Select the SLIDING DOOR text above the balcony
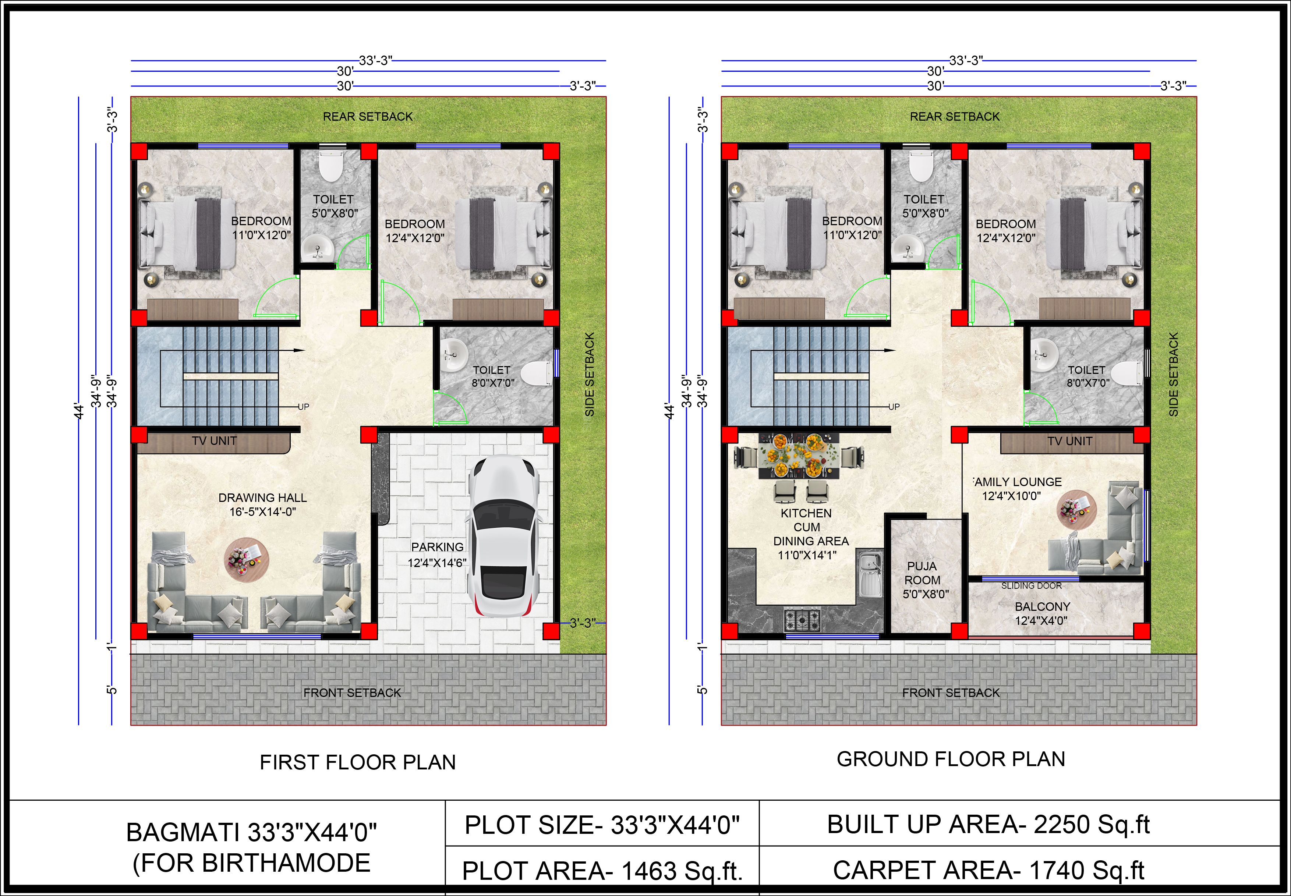click(1031, 585)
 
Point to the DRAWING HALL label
click(263, 497)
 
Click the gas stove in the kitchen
click(802, 620)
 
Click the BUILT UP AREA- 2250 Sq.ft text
click(988, 824)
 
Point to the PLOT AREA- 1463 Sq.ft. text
click(602, 871)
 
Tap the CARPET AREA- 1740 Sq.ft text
click(988, 870)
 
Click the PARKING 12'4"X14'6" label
click(437, 554)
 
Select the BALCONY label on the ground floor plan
click(1042, 606)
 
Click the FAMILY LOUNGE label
click(1017, 482)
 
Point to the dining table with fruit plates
click(799, 455)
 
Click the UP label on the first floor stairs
click(303, 407)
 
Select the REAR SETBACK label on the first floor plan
click(368, 116)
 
